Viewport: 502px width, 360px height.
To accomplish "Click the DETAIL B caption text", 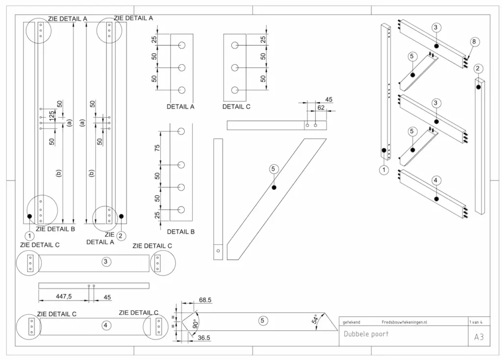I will click(x=181, y=231).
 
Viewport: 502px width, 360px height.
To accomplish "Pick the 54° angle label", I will click(x=315, y=319).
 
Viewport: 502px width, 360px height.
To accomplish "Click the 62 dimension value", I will click(x=321, y=107).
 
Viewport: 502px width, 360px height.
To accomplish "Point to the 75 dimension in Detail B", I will click(x=157, y=148).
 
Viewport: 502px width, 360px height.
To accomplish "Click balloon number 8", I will click(x=474, y=42).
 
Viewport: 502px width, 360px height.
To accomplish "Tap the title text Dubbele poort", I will click(x=366, y=334).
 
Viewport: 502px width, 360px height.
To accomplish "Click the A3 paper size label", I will click(x=479, y=337).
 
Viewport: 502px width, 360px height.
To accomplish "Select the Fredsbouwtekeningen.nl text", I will click(x=404, y=322).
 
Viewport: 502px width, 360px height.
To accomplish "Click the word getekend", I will click(x=351, y=322).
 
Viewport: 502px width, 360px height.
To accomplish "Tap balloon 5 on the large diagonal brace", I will click(x=274, y=169).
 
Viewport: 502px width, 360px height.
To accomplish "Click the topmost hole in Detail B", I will click(x=181, y=131).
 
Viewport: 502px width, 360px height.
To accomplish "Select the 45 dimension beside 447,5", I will click(x=107, y=297).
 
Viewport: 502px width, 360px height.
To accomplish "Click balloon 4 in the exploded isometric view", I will click(x=435, y=180).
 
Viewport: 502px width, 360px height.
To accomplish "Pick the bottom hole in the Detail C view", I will click(x=235, y=90).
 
